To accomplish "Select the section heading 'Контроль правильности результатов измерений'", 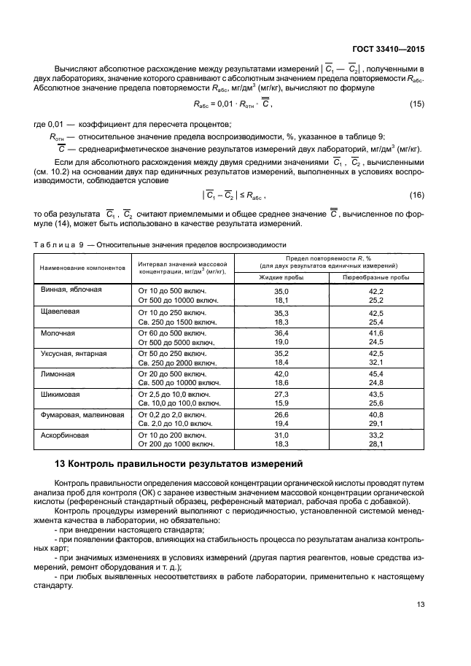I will pos(178,465).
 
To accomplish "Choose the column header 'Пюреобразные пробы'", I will pos(376,277).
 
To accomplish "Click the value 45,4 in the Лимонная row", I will pos(376,373).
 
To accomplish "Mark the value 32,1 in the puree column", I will pos(376,362).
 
